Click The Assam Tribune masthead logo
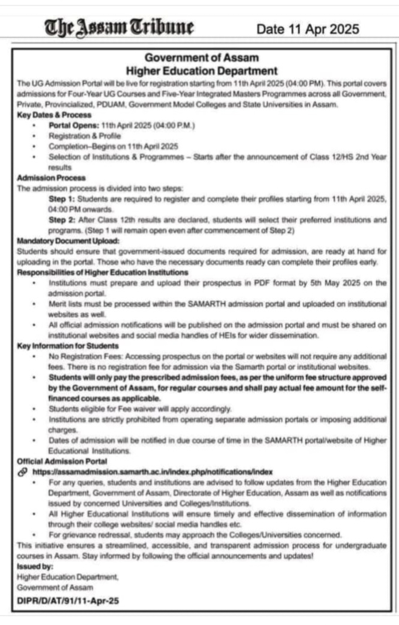coord(119,27)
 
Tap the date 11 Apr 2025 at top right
coord(307,29)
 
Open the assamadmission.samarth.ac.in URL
coord(153,472)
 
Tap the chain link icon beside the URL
coord(22,472)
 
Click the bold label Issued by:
coord(35,566)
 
